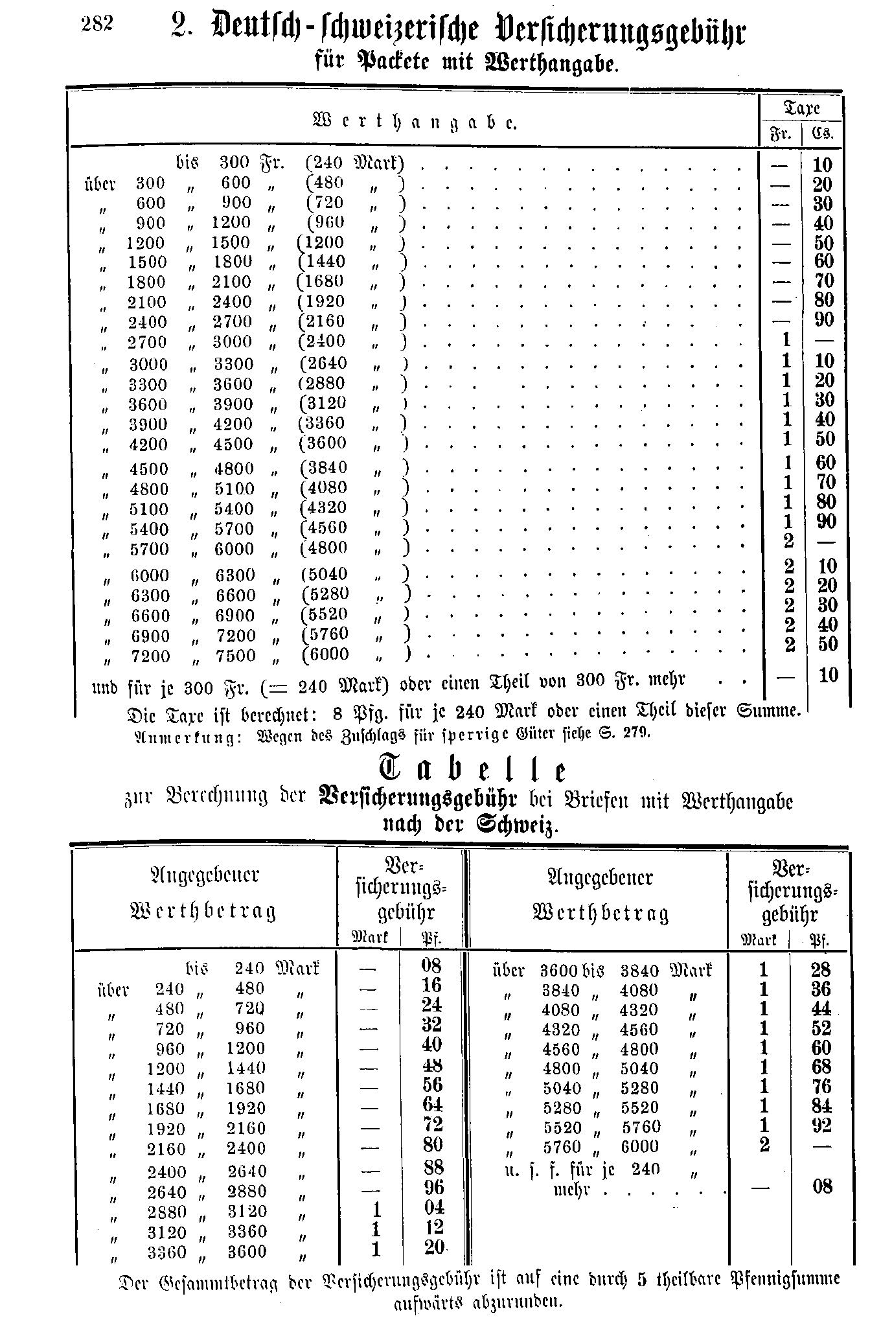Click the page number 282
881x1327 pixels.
[x=98, y=24]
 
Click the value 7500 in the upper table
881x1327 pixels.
[x=236, y=656]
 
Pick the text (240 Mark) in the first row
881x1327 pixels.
[x=355, y=163]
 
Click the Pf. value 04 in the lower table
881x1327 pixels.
[x=431, y=1208]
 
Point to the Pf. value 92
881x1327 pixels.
[x=821, y=1125]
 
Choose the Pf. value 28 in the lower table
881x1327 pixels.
[x=821, y=970]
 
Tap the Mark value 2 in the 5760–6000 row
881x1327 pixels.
[x=764, y=1146]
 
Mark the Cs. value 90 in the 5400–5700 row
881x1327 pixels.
[x=825, y=522]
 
